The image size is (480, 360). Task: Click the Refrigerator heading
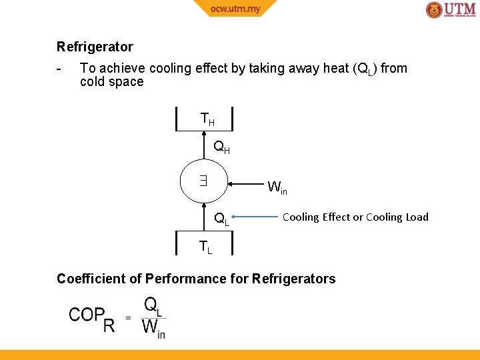95,47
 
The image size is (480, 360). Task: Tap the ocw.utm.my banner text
234,9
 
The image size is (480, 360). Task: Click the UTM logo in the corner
451,10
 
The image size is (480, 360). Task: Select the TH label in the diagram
207,119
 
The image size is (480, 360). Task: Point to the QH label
221,147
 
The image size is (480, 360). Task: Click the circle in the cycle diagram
204,181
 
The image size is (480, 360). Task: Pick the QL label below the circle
221,218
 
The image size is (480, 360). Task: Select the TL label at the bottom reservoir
206,247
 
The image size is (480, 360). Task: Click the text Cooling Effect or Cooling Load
355,217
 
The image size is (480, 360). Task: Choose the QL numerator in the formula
153,306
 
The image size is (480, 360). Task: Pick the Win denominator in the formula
153,329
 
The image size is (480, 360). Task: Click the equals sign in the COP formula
128,318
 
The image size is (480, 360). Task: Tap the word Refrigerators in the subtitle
294,279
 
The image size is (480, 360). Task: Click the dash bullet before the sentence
60,69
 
